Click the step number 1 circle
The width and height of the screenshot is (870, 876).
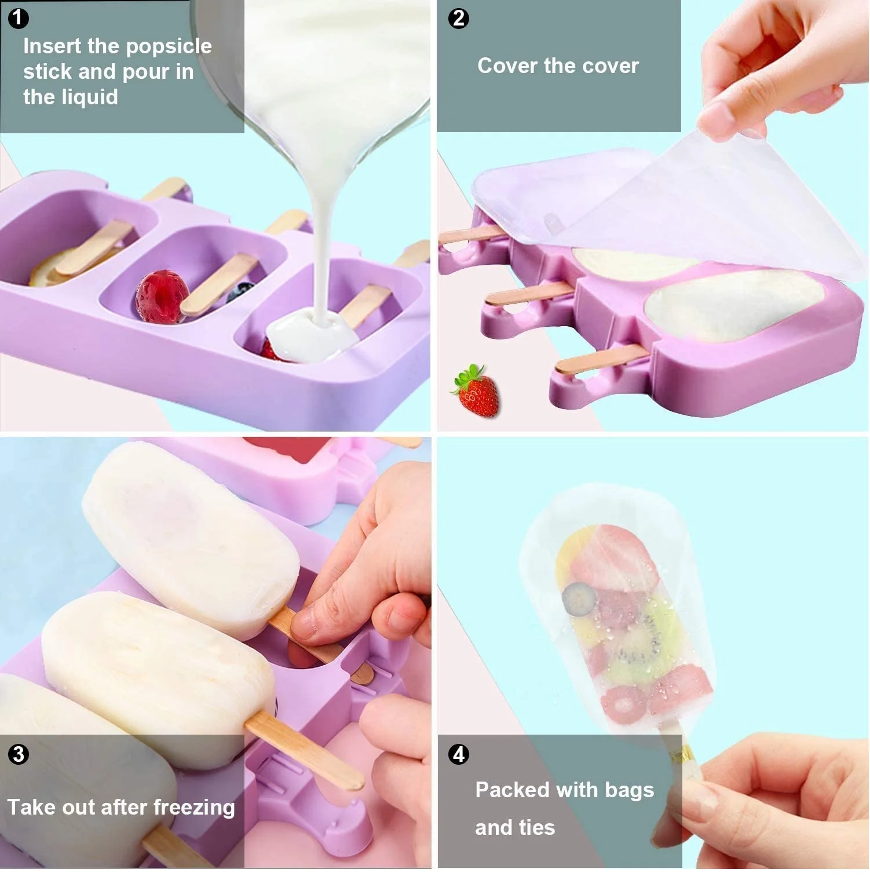click(18, 18)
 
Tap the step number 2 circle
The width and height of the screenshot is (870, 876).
click(458, 18)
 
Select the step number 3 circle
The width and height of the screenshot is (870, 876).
click(18, 754)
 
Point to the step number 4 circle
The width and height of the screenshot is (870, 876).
click(458, 754)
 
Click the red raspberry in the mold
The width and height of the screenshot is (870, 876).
click(162, 296)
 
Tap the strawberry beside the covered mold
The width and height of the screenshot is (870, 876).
click(476, 390)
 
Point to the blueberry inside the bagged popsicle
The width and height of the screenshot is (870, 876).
click(579, 599)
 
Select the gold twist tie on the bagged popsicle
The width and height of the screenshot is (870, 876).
click(681, 750)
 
